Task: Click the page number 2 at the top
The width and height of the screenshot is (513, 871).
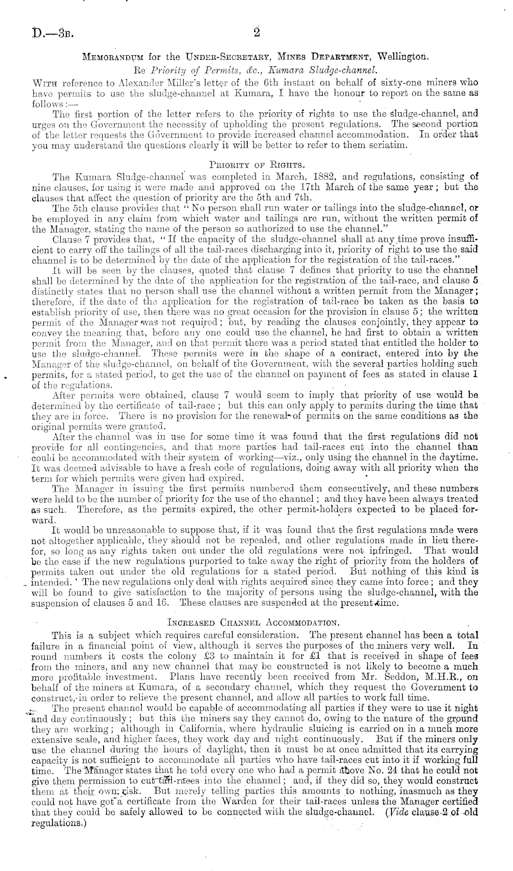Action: (x=256, y=33)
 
